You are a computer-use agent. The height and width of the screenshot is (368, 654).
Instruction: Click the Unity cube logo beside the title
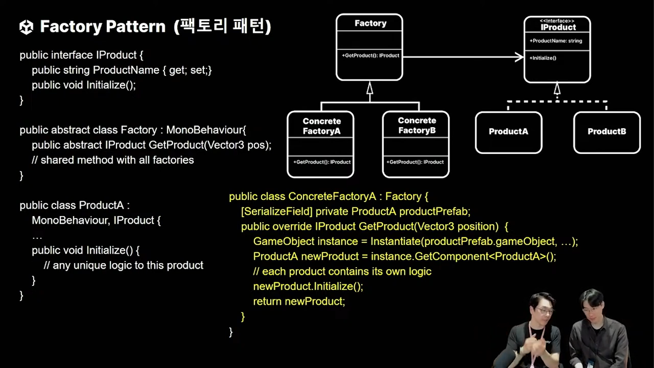(x=26, y=27)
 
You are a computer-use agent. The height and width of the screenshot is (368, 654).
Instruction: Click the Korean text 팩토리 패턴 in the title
(x=222, y=27)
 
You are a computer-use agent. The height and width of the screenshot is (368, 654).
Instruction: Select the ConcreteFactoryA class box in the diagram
(x=320, y=144)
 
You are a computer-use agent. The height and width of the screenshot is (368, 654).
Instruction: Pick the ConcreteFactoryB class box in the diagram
(x=416, y=144)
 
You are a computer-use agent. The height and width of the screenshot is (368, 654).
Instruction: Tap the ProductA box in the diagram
(x=508, y=132)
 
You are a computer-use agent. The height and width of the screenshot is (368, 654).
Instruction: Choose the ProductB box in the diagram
(x=606, y=132)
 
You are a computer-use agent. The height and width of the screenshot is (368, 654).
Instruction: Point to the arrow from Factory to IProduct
(x=463, y=57)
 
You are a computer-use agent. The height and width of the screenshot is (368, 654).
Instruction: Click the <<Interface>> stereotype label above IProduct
(x=557, y=21)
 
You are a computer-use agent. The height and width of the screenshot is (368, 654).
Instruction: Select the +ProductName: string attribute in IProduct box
(x=556, y=41)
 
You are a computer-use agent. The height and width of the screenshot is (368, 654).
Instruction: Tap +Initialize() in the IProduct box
(x=543, y=58)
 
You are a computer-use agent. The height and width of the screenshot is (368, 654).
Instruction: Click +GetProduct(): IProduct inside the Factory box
(x=370, y=55)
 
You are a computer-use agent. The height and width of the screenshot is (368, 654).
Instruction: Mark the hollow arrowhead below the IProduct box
(x=557, y=89)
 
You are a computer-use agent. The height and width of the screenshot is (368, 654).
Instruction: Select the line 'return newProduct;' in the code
(x=299, y=302)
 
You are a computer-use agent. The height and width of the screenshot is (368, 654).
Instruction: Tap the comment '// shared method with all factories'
(x=112, y=160)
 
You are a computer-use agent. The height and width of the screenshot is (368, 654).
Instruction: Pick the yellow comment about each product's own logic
(x=342, y=271)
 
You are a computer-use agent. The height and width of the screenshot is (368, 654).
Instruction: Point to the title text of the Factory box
(x=370, y=24)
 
